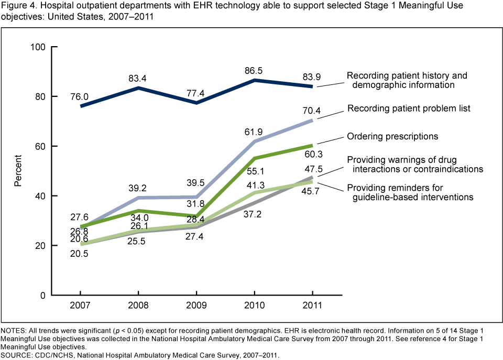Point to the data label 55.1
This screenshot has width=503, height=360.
(254, 171)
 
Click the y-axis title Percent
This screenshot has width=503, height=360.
(18, 171)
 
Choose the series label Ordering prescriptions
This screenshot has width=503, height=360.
(392, 136)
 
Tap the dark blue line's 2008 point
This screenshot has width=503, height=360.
(138, 88)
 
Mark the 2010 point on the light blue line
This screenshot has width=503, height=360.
(254, 141)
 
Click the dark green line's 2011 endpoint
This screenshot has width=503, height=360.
(312, 145)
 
